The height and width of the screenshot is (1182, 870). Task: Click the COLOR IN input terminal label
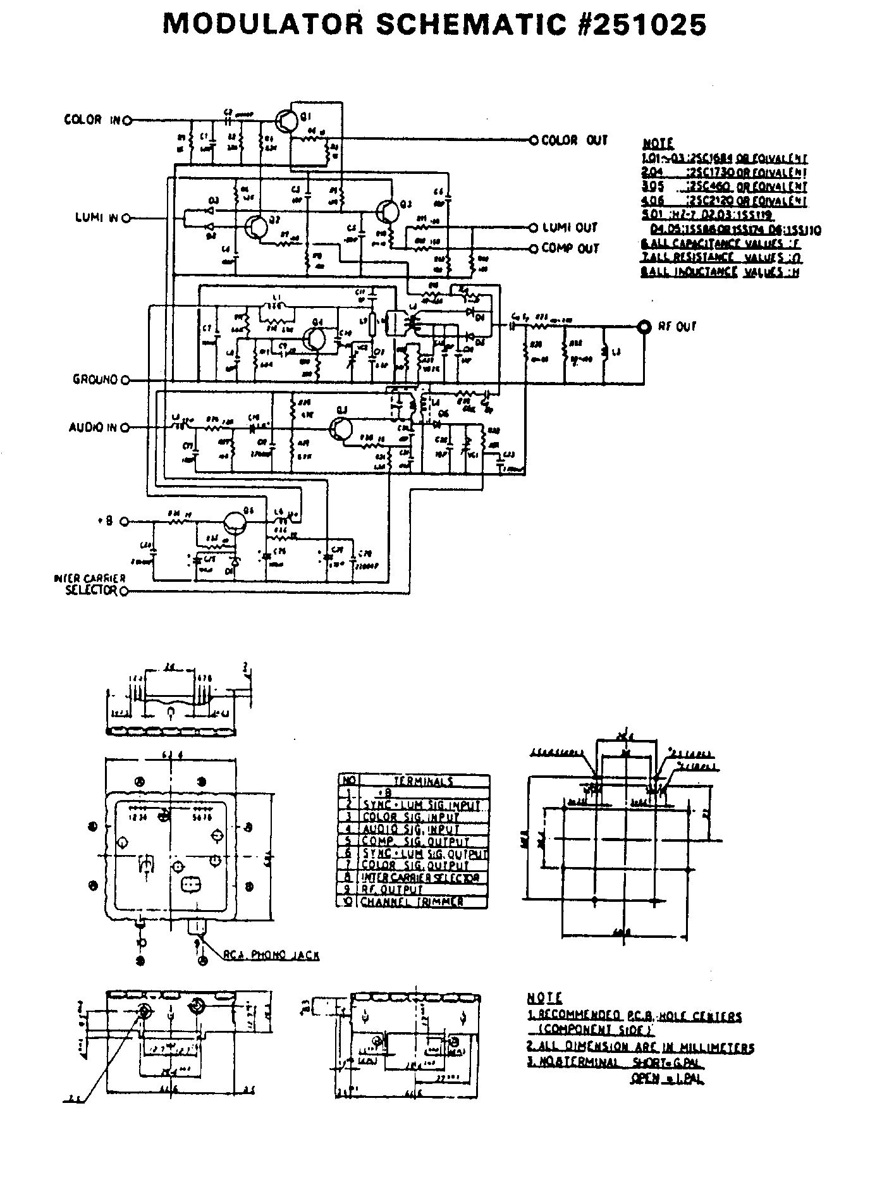click(92, 120)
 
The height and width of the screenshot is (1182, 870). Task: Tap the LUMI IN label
click(96, 218)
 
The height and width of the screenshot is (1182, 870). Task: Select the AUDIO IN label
click(93, 428)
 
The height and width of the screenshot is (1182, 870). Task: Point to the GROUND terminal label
click(95, 380)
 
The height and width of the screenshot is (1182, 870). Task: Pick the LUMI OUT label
click(570, 228)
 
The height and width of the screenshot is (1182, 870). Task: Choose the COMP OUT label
click(570, 249)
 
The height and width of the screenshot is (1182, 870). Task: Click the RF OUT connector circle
click(645, 327)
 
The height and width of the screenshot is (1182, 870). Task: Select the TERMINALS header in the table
click(423, 781)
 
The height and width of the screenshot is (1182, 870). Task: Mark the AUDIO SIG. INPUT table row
click(410, 829)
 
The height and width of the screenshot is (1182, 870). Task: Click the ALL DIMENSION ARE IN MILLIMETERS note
click(640, 1047)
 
